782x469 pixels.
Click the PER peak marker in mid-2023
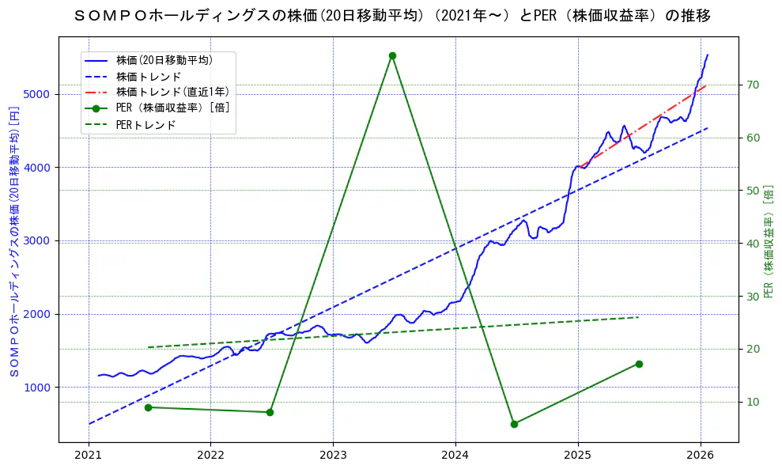392,55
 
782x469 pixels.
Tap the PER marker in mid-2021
148,407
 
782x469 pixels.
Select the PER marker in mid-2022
270,412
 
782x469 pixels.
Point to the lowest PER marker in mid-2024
514,424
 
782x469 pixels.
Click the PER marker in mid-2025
639,364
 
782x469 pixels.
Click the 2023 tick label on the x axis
333,456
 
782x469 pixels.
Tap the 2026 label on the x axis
701,456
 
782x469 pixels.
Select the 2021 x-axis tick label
88,456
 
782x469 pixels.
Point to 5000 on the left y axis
36,94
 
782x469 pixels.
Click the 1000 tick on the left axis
36,387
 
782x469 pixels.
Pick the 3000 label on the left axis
36,240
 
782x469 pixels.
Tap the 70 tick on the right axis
753,85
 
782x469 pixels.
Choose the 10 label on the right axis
753,402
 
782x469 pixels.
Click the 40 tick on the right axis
753,244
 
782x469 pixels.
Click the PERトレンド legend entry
145,125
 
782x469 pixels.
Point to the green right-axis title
769,241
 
